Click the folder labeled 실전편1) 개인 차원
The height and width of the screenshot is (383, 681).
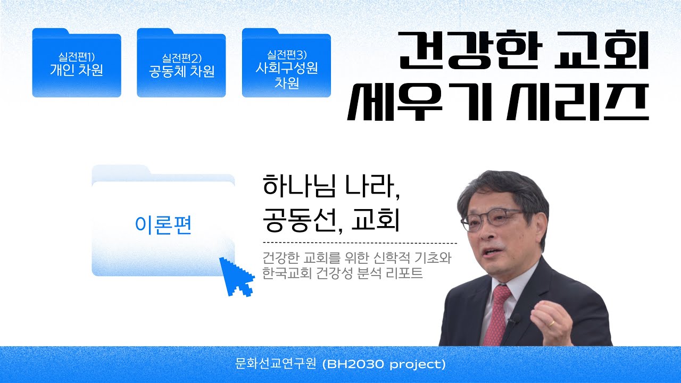pos(77,63)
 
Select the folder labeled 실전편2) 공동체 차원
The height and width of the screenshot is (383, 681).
pos(181,63)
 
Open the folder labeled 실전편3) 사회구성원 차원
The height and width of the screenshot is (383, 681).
pos(286,63)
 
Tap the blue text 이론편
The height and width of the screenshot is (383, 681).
pos(163,225)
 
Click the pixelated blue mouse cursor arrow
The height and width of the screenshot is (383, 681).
pos(237,277)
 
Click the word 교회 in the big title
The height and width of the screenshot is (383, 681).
pos(601,50)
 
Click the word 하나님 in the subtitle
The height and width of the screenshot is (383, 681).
pos(300,186)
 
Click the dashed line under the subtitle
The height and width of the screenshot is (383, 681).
pos(360,243)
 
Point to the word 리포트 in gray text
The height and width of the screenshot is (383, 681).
pos(404,273)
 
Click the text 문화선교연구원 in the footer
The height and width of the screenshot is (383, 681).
pos(276,363)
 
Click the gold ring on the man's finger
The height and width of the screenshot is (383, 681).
pos(551,323)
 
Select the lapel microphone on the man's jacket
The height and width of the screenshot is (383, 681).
pos(514,319)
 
